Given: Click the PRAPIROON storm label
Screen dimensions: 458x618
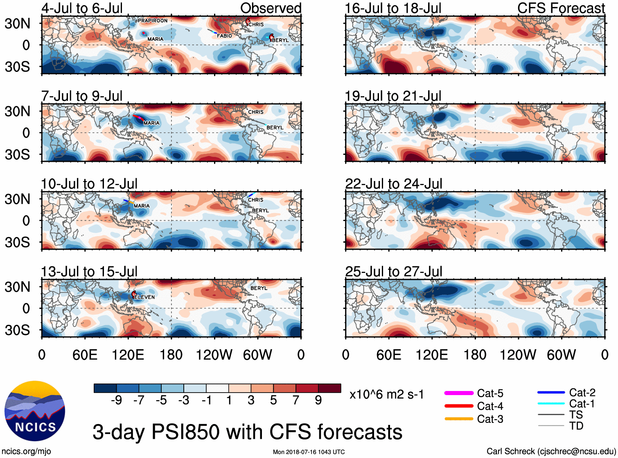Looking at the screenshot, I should tap(152, 20).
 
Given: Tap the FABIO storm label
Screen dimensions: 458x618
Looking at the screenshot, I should tap(224, 36).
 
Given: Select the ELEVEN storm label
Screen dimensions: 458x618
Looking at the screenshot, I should tap(144, 297).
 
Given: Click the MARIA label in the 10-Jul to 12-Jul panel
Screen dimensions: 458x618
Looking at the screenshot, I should tap(142, 206).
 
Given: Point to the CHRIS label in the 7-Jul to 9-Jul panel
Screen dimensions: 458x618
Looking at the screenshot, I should tap(256, 112).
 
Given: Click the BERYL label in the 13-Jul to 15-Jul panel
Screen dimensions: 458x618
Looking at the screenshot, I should tap(259, 288).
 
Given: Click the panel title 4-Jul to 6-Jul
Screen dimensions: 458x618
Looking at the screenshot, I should tap(82, 8).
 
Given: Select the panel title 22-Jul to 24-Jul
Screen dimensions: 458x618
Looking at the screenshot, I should tap(393, 184).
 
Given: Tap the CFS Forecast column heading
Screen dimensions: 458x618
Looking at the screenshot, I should tap(561, 8).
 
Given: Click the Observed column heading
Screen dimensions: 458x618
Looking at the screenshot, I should tap(271, 8).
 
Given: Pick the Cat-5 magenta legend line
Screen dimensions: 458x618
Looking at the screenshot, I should tap(459, 393).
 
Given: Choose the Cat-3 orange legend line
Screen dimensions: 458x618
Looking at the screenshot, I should tap(459, 419).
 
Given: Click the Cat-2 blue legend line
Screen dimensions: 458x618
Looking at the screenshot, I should tap(551, 392).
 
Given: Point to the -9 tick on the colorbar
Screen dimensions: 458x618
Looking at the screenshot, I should tap(117, 400).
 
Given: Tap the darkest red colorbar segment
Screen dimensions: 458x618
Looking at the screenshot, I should tap(329, 388).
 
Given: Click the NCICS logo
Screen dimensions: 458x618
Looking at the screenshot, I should tap(35, 411).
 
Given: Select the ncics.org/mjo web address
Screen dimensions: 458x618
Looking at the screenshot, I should tap(26, 451).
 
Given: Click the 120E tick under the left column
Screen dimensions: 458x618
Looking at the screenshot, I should tap(128, 355).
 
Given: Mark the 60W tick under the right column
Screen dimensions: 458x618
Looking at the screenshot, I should tap(561, 355).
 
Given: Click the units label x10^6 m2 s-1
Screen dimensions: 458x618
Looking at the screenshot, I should tap(386, 395).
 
